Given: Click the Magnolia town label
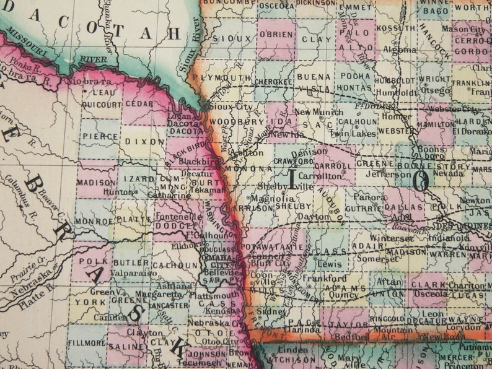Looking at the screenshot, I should [x=272, y=198].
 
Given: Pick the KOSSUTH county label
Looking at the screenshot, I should [x=394, y=28].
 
